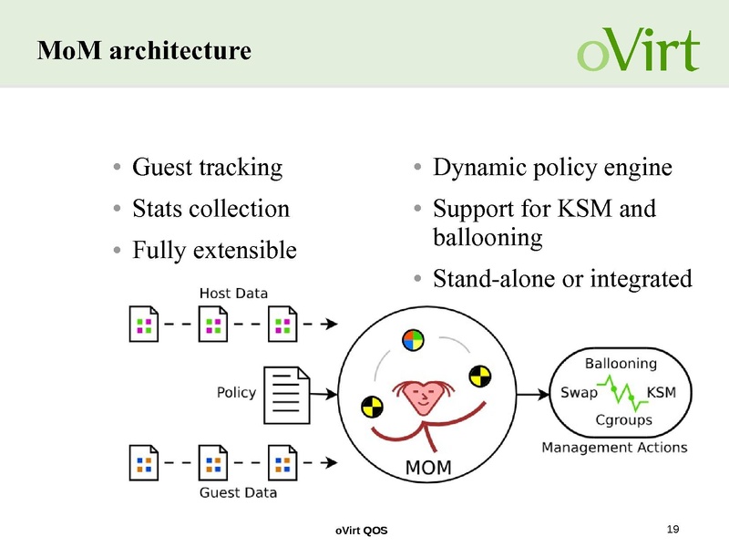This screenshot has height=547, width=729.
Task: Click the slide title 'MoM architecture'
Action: click(144, 51)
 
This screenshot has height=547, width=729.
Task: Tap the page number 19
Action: click(674, 530)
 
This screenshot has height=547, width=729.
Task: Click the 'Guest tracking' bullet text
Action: click(207, 168)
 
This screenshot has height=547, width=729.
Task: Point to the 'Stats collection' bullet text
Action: click(210, 209)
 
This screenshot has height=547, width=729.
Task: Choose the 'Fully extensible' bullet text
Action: click(214, 250)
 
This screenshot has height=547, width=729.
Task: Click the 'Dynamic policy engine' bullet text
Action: click(552, 168)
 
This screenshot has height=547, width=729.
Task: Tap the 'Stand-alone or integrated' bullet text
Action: click(562, 278)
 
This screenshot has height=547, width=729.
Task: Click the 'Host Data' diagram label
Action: click(233, 293)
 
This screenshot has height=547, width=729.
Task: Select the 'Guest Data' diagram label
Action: click(238, 492)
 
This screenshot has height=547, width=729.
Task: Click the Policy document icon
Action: click(287, 394)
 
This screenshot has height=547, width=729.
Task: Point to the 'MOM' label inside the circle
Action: click(427, 468)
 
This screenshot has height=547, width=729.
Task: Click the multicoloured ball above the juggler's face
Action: click(413, 340)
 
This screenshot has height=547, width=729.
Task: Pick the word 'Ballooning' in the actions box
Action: click(620, 363)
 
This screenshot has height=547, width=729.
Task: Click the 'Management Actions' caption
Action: click(614, 448)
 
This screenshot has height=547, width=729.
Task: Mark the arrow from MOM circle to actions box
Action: click(533, 393)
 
